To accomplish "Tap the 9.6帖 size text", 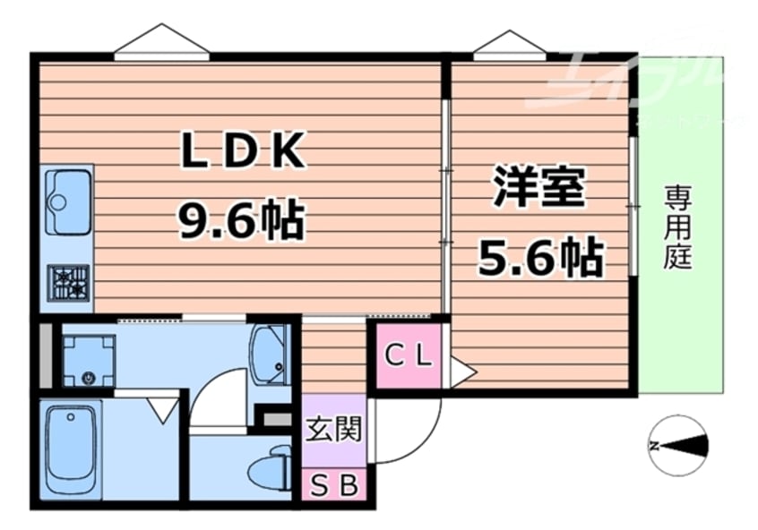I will click(242, 219).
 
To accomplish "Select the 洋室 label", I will click(538, 188).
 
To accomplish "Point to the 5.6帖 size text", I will click(538, 257).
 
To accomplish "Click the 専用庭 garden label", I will click(678, 227).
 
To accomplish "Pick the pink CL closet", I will click(409, 355).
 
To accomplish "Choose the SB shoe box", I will click(333, 486).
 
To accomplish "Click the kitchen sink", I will click(67, 201).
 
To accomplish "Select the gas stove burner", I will click(69, 282).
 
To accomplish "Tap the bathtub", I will click(72, 452).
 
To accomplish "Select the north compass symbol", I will click(678, 445).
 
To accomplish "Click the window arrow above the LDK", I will click(161, 40).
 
